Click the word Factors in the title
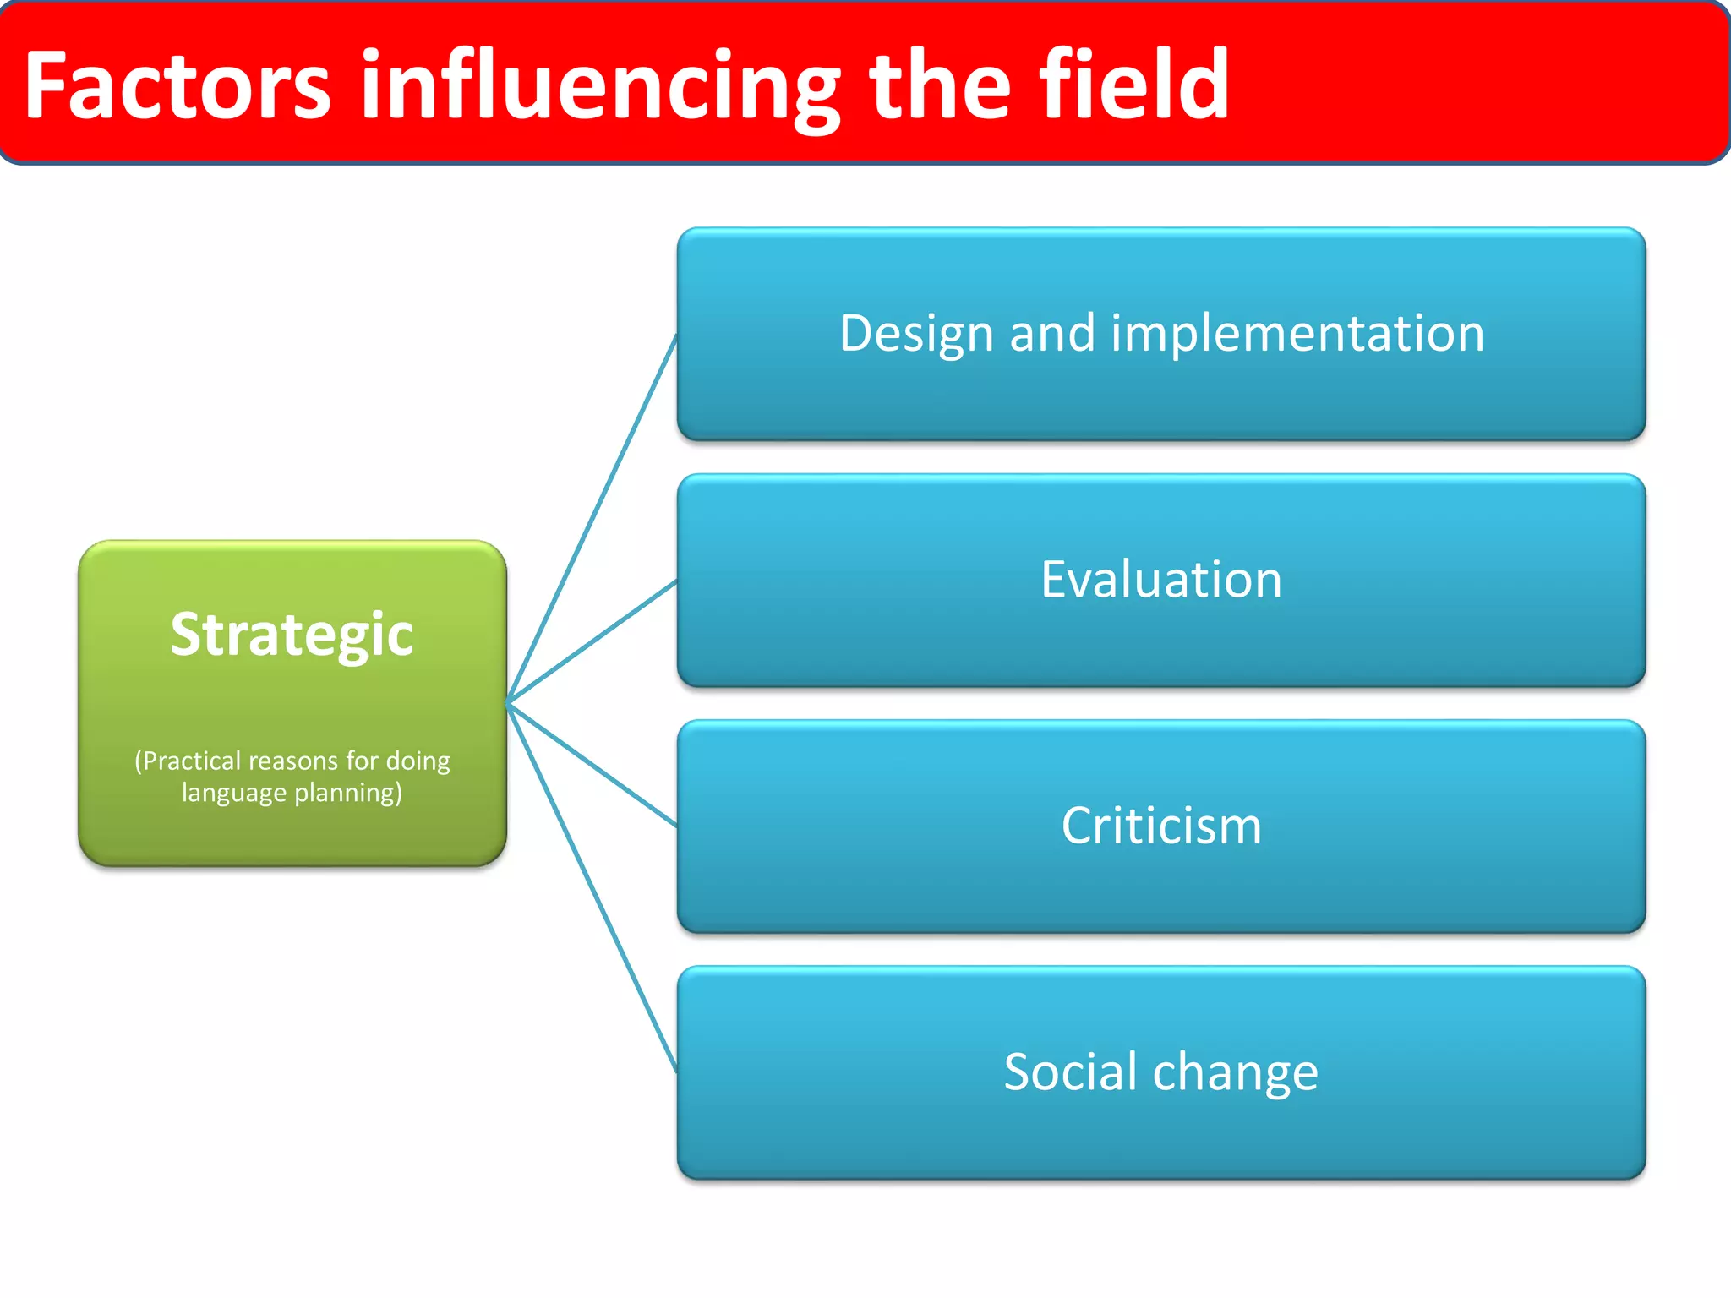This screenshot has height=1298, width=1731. (x=177, y=86)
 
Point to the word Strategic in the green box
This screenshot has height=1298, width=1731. (x=292, y=635)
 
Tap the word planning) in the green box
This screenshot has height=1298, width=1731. (x=348, y=793)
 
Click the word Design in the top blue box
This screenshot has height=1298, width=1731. (x=916, y=334)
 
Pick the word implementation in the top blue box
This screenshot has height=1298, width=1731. (x=1297, y=334)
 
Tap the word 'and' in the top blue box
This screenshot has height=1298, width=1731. (x=1051, y=334)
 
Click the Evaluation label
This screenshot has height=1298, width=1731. (x=1161, y=580)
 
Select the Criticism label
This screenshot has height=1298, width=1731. (x=1161, y=826)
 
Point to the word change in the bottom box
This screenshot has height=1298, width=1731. (x=1235, y=1073)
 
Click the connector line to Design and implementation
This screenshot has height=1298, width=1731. (x=592, y=519)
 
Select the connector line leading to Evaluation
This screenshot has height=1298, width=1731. (x=592, y=641)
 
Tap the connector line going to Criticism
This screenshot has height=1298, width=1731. (x=592, y=764)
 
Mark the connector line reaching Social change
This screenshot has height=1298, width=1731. (x=592, y=887)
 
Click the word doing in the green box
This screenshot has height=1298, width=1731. (x=418, y=761)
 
